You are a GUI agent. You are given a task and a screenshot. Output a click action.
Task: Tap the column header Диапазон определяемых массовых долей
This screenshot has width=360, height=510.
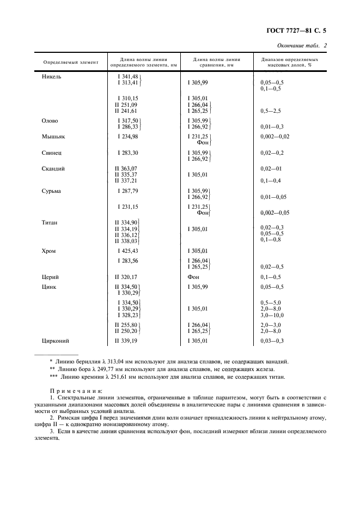286,62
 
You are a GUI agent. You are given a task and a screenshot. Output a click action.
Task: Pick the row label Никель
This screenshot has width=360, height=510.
52,76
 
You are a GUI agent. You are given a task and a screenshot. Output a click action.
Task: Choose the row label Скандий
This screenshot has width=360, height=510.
53,169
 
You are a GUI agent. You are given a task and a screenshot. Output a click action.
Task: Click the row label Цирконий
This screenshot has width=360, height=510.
55,341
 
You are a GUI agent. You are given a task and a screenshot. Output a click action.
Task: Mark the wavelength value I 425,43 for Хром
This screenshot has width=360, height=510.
128,251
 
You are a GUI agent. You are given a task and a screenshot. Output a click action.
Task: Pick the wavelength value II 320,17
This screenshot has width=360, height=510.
126,277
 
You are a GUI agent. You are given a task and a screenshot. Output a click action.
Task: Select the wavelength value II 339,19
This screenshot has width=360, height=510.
126,341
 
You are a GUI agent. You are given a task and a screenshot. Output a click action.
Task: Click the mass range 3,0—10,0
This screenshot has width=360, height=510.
272,315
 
